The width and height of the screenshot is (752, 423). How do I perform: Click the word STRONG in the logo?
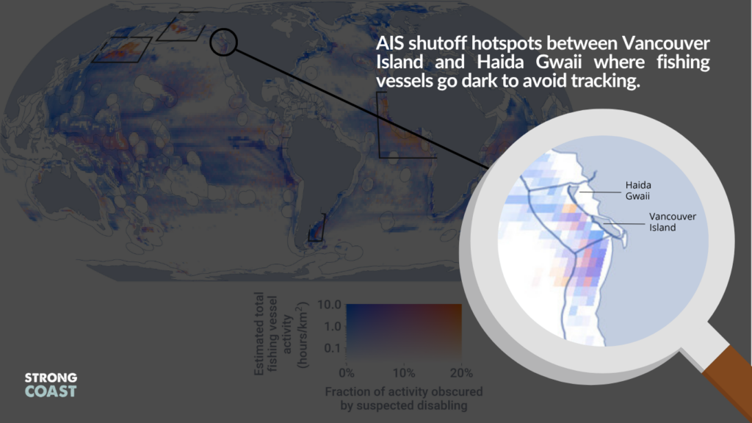[51, 377]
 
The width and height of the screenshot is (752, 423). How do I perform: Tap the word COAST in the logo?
[51, 391]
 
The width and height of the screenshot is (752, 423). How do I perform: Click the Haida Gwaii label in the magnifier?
[638, 190]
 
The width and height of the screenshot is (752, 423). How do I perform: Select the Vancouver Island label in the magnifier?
[673, 222]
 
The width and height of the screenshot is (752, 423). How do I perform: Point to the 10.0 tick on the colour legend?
[329, 305]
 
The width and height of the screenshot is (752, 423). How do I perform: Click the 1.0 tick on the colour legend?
[333, 326]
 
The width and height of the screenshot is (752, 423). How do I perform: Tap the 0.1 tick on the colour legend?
[333, 347]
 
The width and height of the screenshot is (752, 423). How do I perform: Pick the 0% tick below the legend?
[347, 373]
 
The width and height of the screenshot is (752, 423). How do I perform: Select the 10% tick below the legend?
[404, 373]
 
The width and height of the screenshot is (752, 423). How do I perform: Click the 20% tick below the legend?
[461, 373]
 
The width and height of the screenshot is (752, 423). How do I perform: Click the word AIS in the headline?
[391, 43]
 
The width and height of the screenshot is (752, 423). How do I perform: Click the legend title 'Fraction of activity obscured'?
[404, 392]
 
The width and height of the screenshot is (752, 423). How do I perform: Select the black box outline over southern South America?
[317, 228]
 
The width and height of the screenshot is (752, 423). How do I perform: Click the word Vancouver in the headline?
[665, 43]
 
